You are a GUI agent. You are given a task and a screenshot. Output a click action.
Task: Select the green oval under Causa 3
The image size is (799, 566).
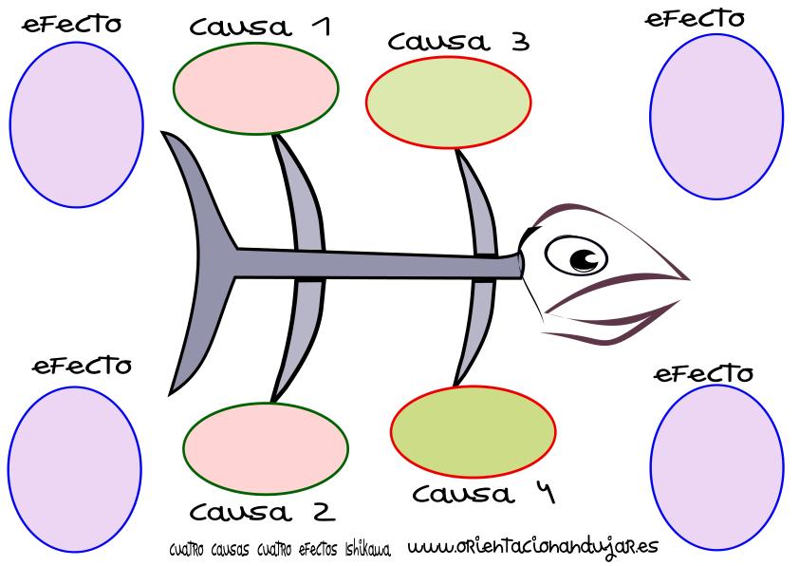click(448, 102)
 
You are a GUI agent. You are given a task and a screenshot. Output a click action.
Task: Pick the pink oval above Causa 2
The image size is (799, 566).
click(266, 446)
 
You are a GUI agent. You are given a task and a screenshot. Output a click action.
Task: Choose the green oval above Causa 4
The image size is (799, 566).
click(474, 430)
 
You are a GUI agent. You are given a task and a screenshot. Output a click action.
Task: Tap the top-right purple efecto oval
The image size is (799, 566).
click(716, 116)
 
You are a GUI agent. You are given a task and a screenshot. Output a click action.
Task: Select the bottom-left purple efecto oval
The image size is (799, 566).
click(74, 466)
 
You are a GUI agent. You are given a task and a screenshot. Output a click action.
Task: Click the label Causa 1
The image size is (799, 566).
click(259, 27)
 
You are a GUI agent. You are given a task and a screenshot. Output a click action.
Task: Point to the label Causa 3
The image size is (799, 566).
click(458, 42)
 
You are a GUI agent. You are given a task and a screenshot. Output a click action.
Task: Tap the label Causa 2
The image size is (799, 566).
click(262, 513)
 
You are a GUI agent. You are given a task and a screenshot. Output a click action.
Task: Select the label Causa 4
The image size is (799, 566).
click(484, 494)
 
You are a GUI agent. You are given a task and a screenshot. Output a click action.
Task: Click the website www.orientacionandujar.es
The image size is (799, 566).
click(532, 547)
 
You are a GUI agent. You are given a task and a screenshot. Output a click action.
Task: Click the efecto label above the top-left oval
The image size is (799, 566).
click(72, 25)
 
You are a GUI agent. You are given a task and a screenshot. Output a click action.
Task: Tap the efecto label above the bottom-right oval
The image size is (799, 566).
click(704, 373)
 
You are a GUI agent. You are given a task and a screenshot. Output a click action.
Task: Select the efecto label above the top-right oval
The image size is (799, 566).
click(696, 19)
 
